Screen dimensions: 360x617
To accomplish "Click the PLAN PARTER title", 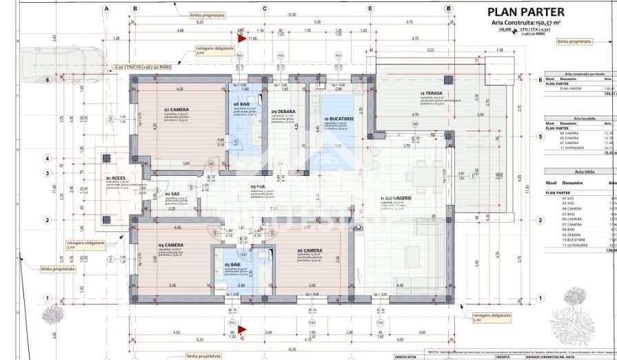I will (x=526, y=12).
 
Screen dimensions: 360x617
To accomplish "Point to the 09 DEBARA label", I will (x=283, y=112).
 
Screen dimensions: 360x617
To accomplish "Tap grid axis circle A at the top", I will (x=107, y=8).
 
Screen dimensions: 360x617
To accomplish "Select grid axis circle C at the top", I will (x=264, y=8).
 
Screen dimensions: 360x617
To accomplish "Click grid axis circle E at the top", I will (x=370, y=8).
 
